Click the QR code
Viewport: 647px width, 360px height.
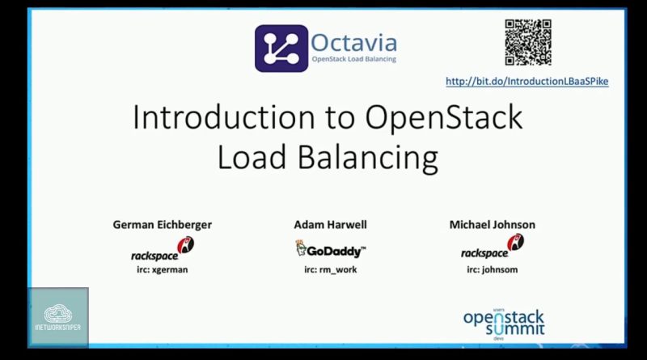click(x=528, y=42)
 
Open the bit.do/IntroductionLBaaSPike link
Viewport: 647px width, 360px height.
click(x=527, y=82)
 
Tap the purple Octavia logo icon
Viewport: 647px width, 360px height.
click(x=281, y=49)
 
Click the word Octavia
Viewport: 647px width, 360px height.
click(x=353, y=43)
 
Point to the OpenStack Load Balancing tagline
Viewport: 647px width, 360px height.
click(x=353, y=59)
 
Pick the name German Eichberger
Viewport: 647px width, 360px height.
click(x=163, y=225)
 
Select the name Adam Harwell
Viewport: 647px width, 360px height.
click(x=330, y=225)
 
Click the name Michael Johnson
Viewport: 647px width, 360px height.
click(x=493, y=225)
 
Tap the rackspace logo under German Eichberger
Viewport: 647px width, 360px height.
click(x=163, y=249)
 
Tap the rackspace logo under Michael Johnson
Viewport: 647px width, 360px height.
click(x=493, y=247)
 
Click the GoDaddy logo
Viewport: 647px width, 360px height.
click(x=331, y=249)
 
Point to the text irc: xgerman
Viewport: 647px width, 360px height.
click(x=163, y=269)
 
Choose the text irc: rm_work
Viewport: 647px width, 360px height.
click(x=331, y=270)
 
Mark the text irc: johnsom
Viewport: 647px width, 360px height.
click(x=493, y=269)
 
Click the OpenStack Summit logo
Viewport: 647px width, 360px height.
click(x=504, y=324)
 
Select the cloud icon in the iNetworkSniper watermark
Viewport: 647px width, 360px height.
click(x=57, y=313)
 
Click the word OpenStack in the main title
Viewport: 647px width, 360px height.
click(x=444, y=118)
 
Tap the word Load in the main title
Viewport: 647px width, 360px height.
click(x=252, y=158)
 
